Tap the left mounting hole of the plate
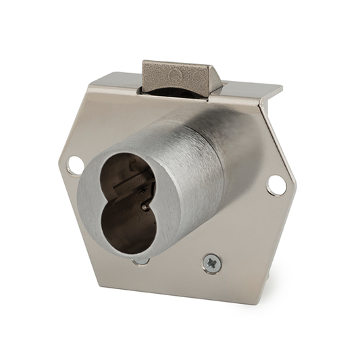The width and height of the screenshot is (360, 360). click(76, 163)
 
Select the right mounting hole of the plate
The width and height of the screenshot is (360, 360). click(275, 184)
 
